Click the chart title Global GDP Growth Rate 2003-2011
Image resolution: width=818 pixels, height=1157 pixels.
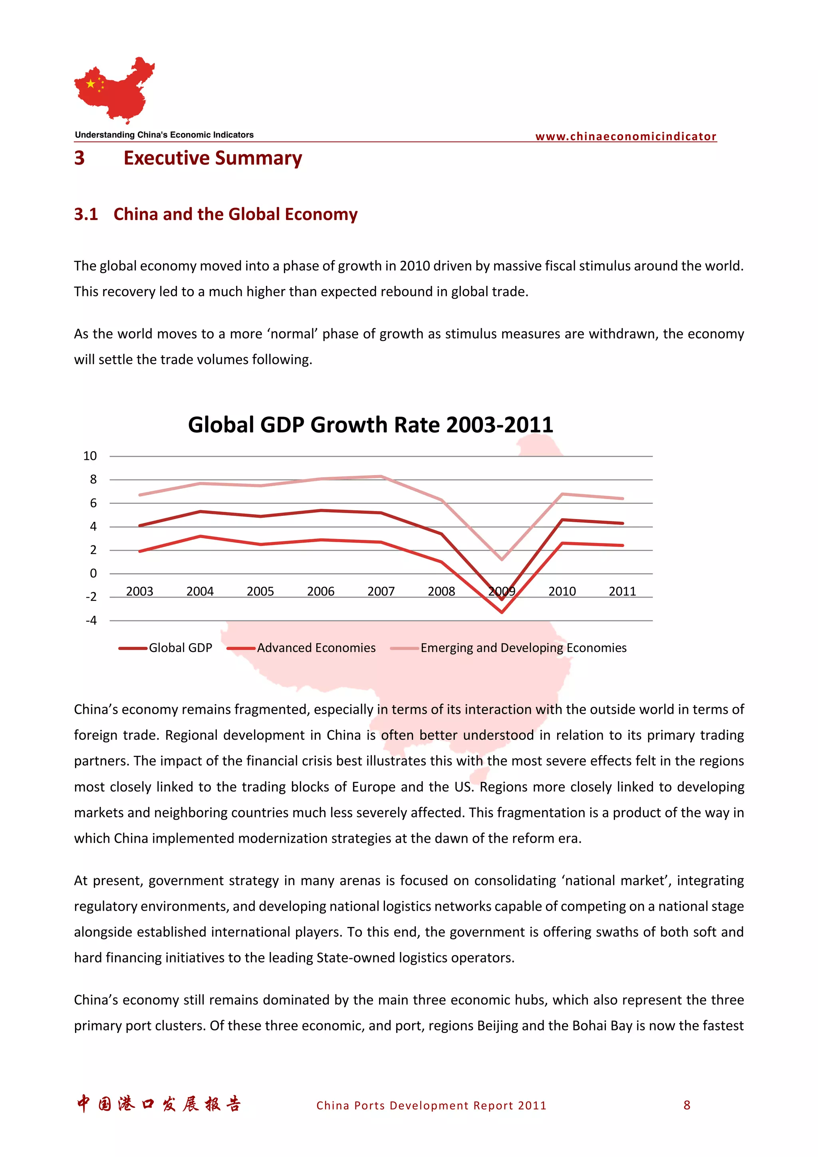pos(370,425)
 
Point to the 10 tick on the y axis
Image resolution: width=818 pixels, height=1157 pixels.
pos(90,456)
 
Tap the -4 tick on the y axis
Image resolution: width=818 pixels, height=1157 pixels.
pos(91,620)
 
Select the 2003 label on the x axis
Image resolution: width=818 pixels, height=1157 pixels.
pos(140,591)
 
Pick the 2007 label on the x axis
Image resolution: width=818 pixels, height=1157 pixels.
pos(381,591)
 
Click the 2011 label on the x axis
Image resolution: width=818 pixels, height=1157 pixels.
pos(622,591)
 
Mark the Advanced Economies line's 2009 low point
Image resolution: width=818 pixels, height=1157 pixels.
pos(502,612)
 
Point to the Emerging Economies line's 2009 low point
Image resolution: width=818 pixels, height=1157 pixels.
pos(502,559)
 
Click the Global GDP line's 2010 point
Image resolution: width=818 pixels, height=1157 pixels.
pos(562,519)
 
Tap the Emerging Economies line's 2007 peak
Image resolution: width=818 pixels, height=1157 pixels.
pos(381,476)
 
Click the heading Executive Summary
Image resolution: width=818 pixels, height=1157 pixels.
pos(213,158)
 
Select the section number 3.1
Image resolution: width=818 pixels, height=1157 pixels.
pos(86,214)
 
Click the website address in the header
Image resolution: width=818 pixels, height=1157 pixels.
pos(625,136)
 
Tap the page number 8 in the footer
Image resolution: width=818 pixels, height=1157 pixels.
pos(687,1105)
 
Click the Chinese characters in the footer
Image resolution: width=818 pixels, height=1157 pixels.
pos(159,1104)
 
